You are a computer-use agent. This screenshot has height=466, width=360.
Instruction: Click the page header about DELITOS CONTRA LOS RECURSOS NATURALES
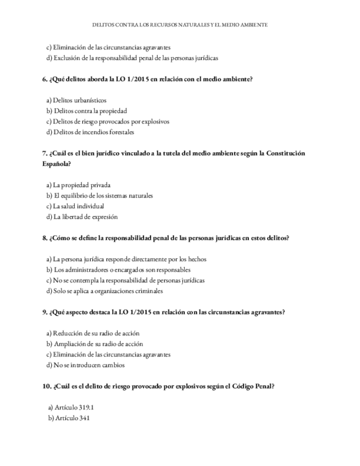pos(180,25)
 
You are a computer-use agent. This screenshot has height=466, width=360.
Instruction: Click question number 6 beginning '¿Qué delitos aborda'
pos(147,79)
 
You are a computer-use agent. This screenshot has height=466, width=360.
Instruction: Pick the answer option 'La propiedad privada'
pos(79,185)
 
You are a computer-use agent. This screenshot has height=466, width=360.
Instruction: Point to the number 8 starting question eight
pos(44,238)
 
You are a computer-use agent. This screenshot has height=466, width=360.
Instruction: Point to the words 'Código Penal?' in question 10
pos(253,386)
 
